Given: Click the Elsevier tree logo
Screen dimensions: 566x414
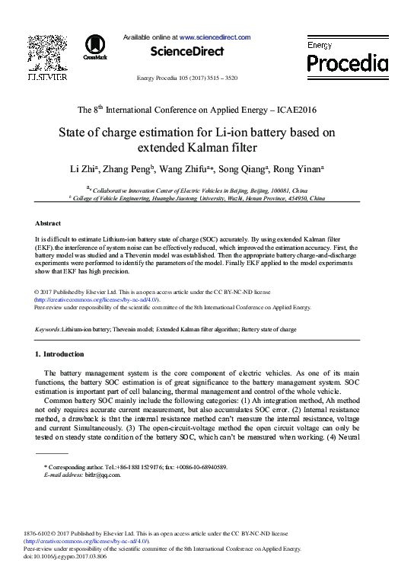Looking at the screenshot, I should [46, 53].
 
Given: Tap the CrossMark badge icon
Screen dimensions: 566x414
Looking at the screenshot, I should [95, 47].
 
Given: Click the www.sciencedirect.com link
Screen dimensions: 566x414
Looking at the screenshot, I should [215, 37].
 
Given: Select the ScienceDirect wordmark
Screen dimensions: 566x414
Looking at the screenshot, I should [187, 52].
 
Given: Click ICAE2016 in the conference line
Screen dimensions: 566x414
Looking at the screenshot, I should [290, 109].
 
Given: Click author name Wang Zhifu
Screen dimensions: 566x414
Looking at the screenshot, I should [190, 168].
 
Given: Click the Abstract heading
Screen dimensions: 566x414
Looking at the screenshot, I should [49, 223].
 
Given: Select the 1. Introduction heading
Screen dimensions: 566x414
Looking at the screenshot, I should [60, 355].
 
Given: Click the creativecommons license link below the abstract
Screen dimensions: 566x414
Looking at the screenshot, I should [97, 300].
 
